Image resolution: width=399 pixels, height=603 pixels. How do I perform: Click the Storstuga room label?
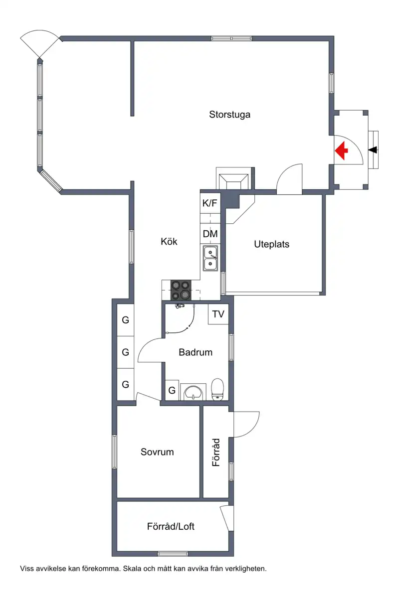[229, 115]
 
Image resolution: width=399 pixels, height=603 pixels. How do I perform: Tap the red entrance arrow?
[341, 151]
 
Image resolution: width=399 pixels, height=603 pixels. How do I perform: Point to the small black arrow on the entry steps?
[373, 150]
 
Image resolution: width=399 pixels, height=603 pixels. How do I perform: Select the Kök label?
[169, 242]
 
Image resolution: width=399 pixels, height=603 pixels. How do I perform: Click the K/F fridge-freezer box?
[210, 203]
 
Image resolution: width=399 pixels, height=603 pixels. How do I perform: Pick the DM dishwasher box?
[210, 234]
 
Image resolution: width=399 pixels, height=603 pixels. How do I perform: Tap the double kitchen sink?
[210, 258]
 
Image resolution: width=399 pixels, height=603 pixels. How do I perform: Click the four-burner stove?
[181, 290]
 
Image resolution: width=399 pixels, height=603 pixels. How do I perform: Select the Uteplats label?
[271, 244]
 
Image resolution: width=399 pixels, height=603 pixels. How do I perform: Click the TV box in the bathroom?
[218, 314]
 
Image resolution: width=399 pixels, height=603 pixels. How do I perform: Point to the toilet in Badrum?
[217, 389]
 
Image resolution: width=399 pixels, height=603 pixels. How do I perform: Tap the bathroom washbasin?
[193, 392]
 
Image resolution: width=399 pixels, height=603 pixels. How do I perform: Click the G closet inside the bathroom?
[172, 390]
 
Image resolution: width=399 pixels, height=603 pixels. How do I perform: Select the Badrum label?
[196, 352]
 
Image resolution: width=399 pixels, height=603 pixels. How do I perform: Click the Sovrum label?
[157, 452]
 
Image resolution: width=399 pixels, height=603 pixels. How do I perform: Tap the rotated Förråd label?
[216, 452]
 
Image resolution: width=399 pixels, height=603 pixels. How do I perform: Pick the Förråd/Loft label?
[171, 527]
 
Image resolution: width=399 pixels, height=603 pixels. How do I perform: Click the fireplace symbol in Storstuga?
[233, 178]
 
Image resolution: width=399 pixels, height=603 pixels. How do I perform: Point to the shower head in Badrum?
[180, 306]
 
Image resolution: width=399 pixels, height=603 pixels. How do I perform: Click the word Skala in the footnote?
[132, 569]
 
